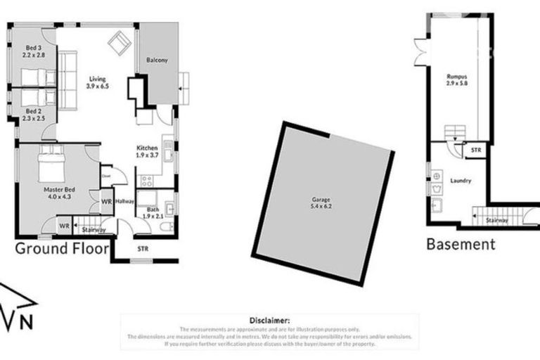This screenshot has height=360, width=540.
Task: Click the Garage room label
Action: click(x=320, y=199)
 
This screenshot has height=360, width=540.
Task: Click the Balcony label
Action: click(x=157, y=60)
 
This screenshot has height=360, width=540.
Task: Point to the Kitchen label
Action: click(x=146, y=148)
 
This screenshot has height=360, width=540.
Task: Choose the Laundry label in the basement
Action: click(x=461, y=181)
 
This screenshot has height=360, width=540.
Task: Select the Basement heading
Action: click(x=461, y=244)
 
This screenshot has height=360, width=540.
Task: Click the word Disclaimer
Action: click(x=270, y=320)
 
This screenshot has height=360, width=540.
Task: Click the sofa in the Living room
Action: click(x=67, y=81)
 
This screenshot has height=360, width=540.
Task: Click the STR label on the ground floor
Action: click(x=143, y=248)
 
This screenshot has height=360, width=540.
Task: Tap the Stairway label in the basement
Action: click(x=499, y=220)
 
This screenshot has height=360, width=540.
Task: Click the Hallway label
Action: click(x=125, y=200)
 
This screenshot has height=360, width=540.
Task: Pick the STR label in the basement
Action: click(x=476, y=150)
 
